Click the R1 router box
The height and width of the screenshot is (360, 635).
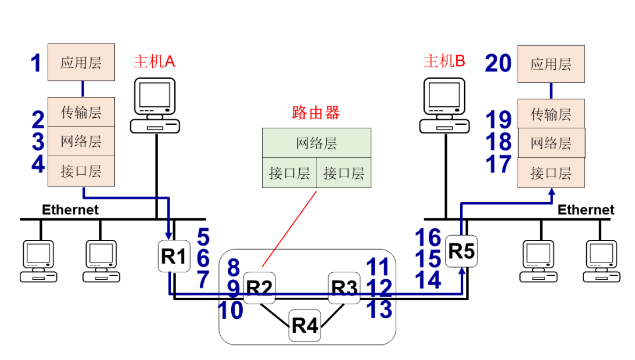[x=174, y=256]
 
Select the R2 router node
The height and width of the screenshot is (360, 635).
[x=259, y=287]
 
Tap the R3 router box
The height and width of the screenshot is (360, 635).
[x=344, y=287]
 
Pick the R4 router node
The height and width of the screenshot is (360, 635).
[x=305, y=326]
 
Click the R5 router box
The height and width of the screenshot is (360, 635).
[x=462, y=251]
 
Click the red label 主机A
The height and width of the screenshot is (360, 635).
[x=154, y=62]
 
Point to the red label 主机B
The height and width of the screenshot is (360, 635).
[x=444, y=62]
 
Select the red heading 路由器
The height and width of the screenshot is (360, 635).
[x=315, y=113]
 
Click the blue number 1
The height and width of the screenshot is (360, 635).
[x=36, y=63]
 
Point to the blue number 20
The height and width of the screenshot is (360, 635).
[x=498, y=63]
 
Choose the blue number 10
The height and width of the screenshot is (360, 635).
[x=231, y=310]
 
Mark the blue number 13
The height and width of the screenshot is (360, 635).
[x=379, y=309]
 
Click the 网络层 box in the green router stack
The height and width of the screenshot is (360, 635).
[x=316, y=143]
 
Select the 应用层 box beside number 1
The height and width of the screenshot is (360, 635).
[x=81, y=62]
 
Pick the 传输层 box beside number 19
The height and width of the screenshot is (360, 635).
[x=551, y=114]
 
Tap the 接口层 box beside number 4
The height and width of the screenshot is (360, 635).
[x=81, y=171]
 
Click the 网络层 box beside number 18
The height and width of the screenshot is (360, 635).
[x=551, y=143]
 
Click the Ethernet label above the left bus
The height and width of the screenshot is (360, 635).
[x=70, y=210]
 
